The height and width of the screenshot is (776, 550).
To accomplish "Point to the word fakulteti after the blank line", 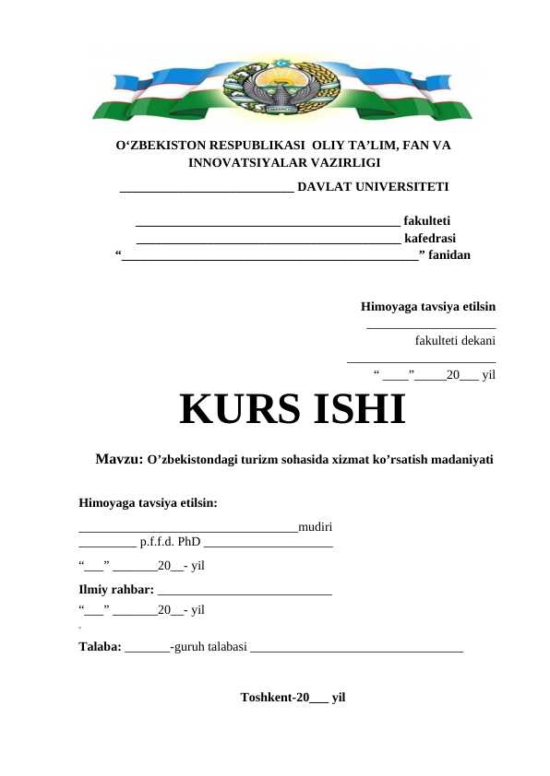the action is [426, 221].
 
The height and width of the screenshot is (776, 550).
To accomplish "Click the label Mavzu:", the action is [119, 459].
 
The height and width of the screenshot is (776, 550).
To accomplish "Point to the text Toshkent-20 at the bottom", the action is [273, 698].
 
